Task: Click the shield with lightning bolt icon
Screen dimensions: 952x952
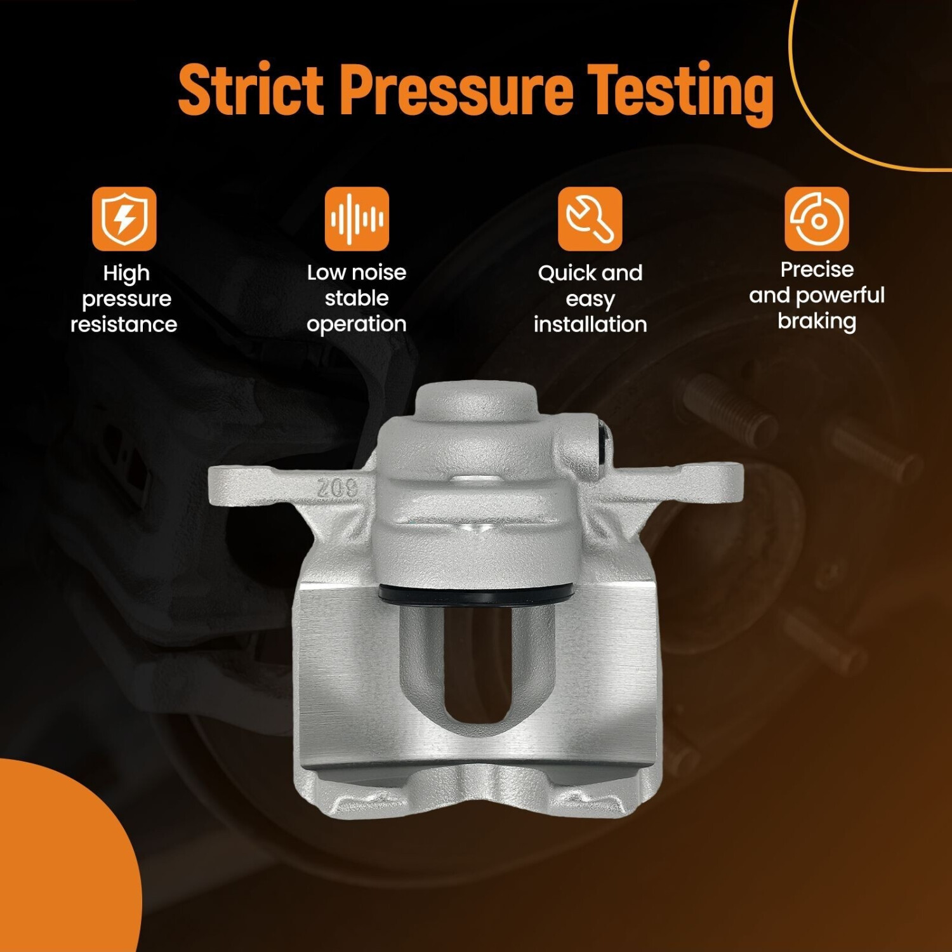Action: (x=124, y=218)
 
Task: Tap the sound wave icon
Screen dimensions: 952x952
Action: (x=357, y=218)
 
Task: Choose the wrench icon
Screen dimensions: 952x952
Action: (x=590, y=218)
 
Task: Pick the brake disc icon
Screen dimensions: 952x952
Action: (x=817, y=218)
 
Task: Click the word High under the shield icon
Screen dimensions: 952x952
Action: (x=126, y=274)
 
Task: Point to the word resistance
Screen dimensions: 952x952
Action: (x=124, y=324)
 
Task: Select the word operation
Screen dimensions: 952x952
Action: (x=357, y=324)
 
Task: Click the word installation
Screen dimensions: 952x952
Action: (x=590, y=324)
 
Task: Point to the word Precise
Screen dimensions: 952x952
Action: (x=817, y=270)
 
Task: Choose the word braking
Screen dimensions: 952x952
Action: (x=817, y=321)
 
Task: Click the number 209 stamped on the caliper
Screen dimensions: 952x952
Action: (x=338, y=488)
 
